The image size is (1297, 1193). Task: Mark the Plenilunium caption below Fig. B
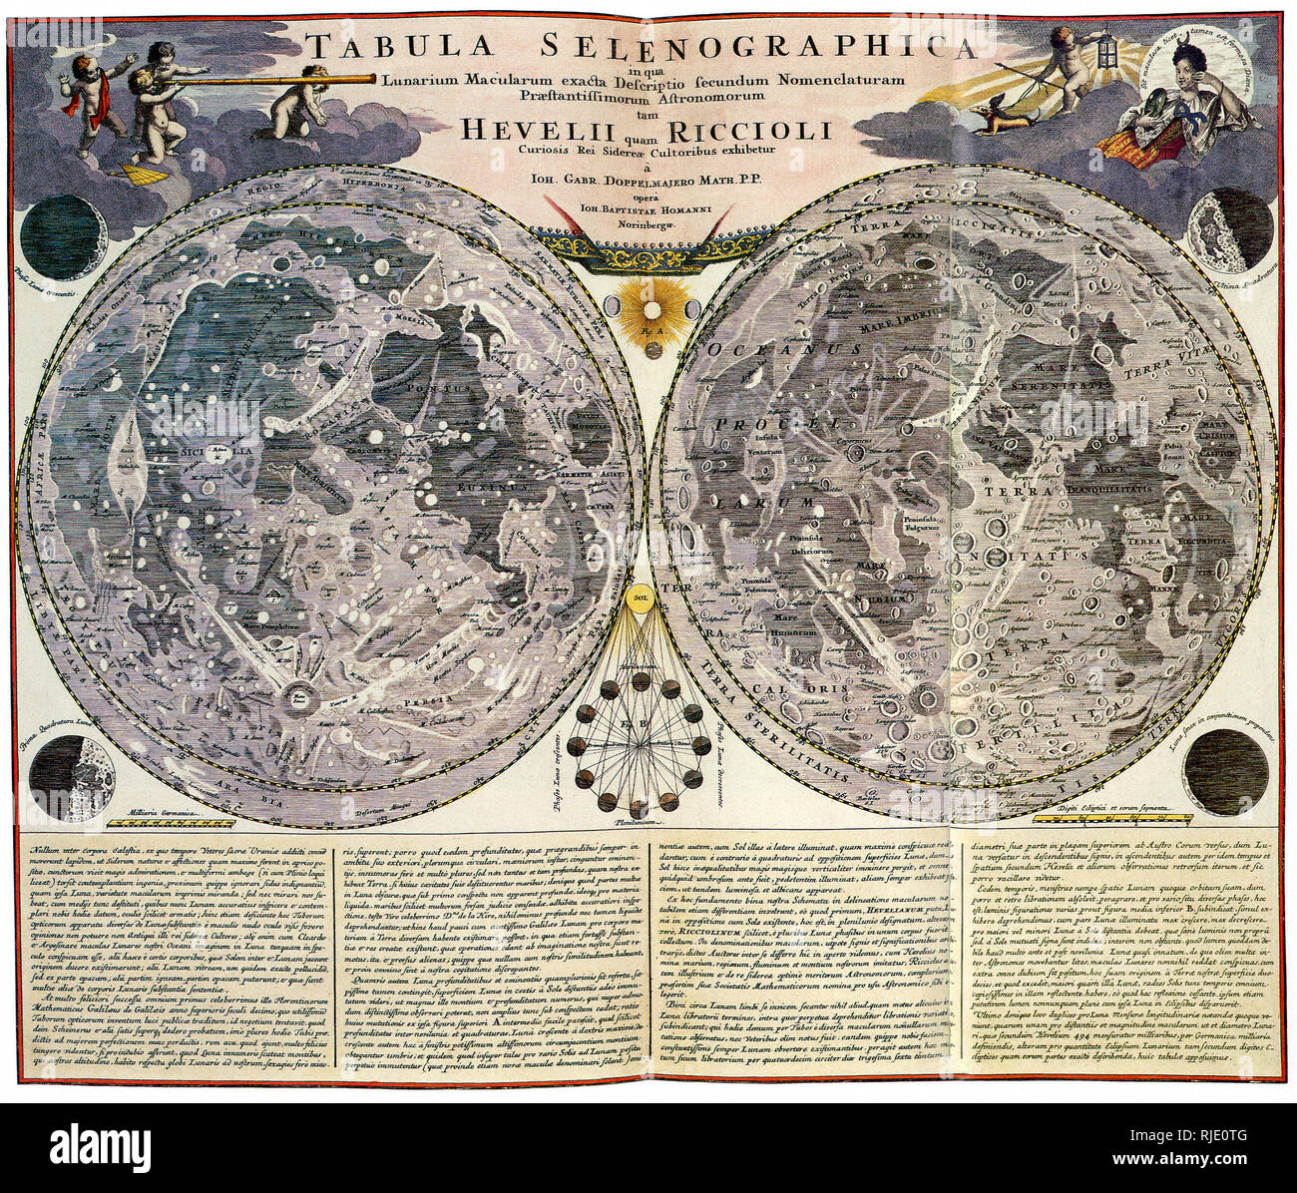click(640, 821)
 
